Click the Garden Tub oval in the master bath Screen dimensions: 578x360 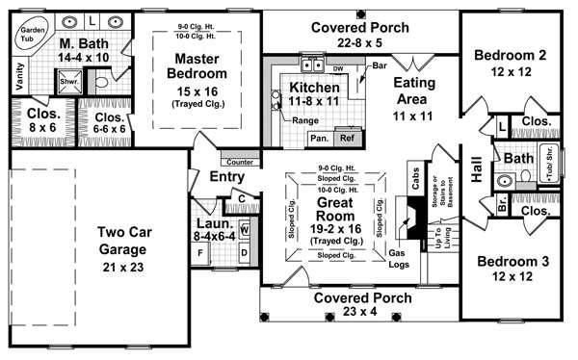click(32, 35)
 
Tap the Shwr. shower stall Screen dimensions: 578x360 click(69, 81)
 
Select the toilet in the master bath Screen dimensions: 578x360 click(101, 82)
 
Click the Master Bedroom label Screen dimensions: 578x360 click(197, 66)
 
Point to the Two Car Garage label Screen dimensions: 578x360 click(124, 241)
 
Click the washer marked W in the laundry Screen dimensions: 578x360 click(245, 230)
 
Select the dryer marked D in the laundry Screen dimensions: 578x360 click(245, 252)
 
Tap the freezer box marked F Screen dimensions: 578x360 click(200, 253)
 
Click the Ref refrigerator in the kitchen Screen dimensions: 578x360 click(348, 139)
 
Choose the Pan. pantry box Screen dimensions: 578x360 click(320, 139)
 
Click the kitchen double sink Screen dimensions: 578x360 click(312, 65)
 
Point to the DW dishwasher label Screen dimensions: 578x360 click(338, 69)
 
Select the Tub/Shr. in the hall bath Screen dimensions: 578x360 click(549, 164)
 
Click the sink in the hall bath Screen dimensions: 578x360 click(504, 181)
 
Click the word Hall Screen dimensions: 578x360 click(477, 169)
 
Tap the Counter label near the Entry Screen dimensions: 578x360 click(240, 162)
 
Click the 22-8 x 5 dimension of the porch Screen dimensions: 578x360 click(359, 43)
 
